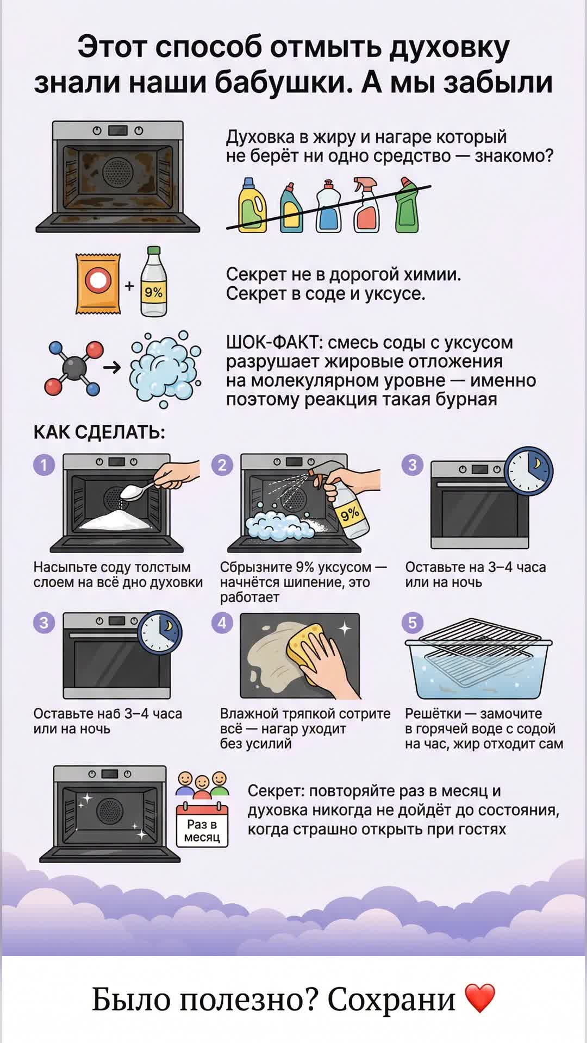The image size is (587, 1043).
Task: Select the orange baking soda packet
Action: [x=98, y=284]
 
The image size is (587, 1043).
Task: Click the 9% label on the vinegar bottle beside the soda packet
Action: [x=154, y=292]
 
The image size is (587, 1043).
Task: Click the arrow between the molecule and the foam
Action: [x=113, y=368]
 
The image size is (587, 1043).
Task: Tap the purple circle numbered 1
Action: [x=44, y=465]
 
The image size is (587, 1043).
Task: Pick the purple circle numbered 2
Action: [x=222, y=465]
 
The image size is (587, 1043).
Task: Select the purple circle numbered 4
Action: [x=222, y=623]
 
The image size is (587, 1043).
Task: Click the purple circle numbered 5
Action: [x=412, y=623]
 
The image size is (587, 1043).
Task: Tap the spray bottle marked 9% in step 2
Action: [x=348, y=508]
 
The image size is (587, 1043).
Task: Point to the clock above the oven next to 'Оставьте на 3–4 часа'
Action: [x=528, y=471]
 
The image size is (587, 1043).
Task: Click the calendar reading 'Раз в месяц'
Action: [x=202, y=826]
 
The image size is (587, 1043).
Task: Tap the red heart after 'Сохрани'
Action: [x=480, y=998]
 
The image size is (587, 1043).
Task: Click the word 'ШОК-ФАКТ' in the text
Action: [x=274, y=343]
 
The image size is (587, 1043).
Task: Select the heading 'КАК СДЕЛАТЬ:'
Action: [x=99, y=432]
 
